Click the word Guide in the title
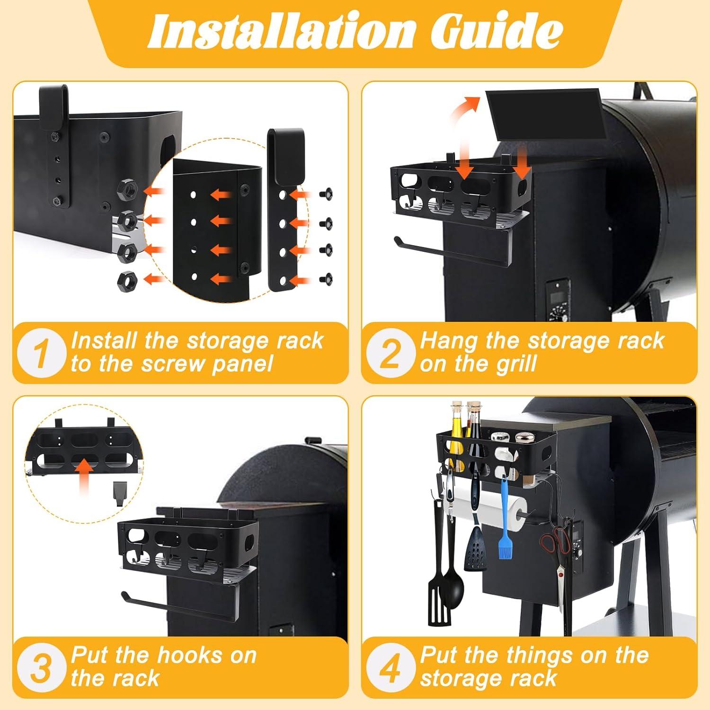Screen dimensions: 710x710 pyautogui.click(x=497, y=31)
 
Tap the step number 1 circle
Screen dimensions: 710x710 pyautogui.click(x=42, y=353)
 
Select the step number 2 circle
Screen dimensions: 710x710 pyautogui.click(x=391, y=353)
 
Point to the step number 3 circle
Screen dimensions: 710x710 pyautogui.click(x=42, y=667)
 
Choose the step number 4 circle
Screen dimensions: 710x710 pyautogui.click(x=391, y=667)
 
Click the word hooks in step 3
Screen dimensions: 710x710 pyautogui.click(x=189, y=656)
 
